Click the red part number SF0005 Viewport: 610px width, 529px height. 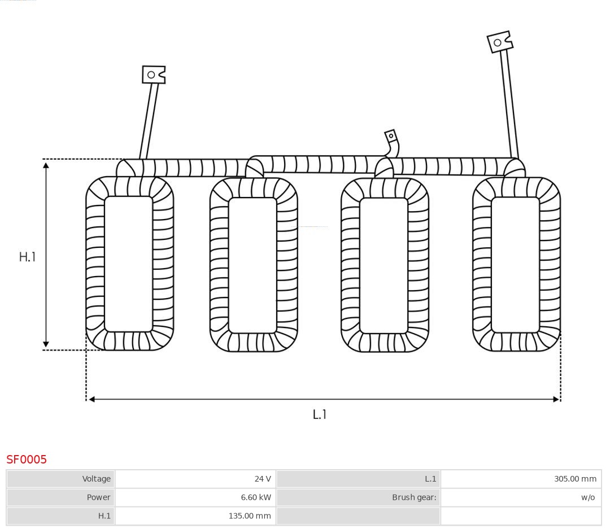pos(27,460)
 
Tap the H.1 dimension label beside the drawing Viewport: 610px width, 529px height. pos(27,257)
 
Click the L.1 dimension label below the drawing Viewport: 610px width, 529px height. pos(319,414)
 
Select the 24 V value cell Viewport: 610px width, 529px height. pos(195,479)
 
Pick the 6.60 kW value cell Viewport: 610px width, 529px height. pos(195,497)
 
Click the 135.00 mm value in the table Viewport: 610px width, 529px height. pos(250,516)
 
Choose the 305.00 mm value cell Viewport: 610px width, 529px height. pos(521,479)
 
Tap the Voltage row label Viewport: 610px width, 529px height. pos(60,479)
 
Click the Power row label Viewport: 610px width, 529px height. pos(60,497)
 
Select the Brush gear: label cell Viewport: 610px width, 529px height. pos(358,497)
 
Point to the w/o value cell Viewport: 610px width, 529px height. pos(521,497)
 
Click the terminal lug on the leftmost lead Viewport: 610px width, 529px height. pos(154,75)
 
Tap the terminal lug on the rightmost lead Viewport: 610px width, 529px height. pos(500,42)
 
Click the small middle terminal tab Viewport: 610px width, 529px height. pos(391,136)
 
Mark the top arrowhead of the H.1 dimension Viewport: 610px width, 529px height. pos(46,165)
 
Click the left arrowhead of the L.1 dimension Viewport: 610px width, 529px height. pos(92,399)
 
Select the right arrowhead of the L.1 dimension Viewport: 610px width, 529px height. pos(556,399)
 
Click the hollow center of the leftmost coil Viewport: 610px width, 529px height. pos(129,264)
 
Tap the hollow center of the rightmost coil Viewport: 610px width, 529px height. pos(516,265)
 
